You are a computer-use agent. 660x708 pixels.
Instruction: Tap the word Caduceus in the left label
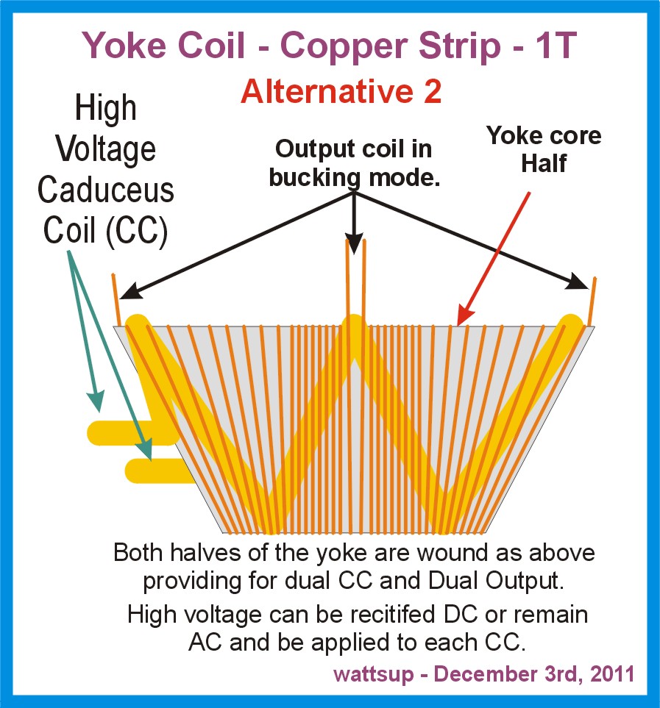pos(106,190)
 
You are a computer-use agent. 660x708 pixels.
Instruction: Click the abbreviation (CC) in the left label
pos(137,231)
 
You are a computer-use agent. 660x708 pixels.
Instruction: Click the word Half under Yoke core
pos(544,163)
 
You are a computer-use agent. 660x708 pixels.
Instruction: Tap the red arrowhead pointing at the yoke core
pos(464,314)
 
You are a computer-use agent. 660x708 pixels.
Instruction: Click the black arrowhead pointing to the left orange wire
pos(130,291)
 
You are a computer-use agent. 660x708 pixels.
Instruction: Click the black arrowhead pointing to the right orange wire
pos(579,282)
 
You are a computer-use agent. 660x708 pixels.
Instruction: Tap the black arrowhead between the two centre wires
pos(354,244)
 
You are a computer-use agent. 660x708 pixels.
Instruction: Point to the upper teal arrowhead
pos(96,401)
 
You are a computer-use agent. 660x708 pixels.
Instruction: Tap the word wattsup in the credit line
pos(374,674)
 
